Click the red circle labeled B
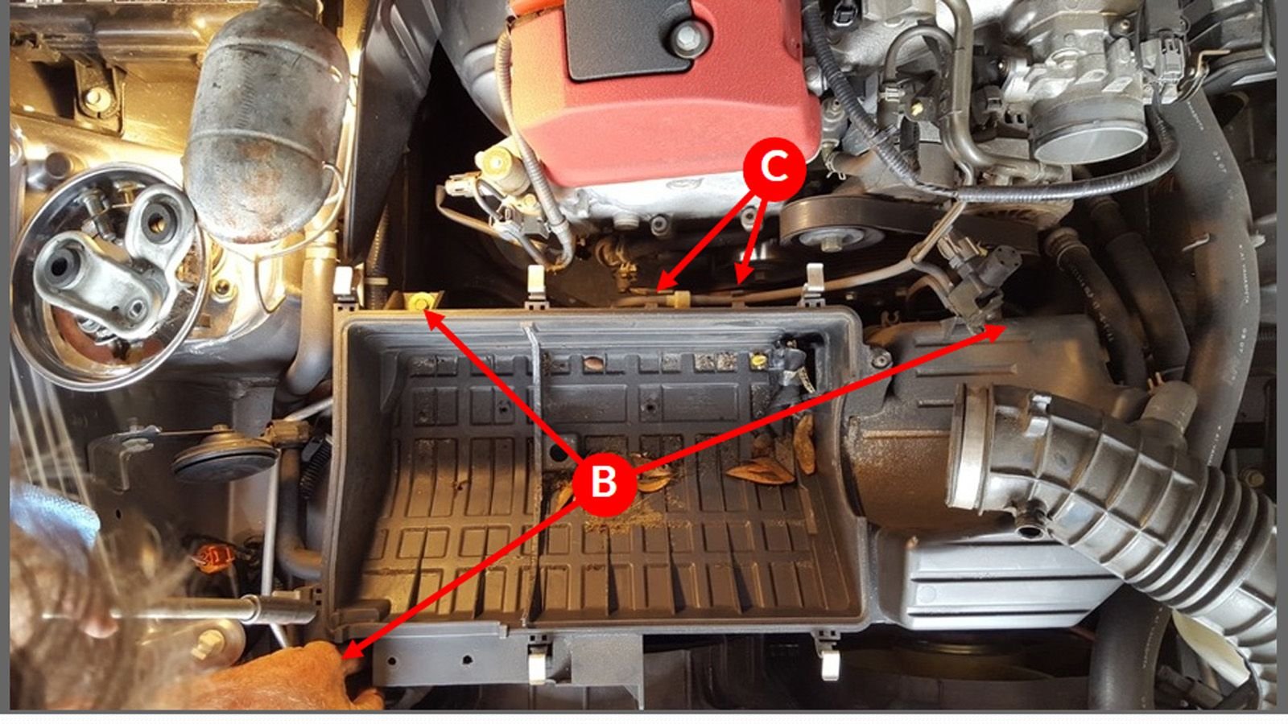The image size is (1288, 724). [604, 482]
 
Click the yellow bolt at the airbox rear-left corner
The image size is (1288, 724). [419, 302]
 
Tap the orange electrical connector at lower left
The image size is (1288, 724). [214, 554]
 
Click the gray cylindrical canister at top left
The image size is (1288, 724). [266, 121]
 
